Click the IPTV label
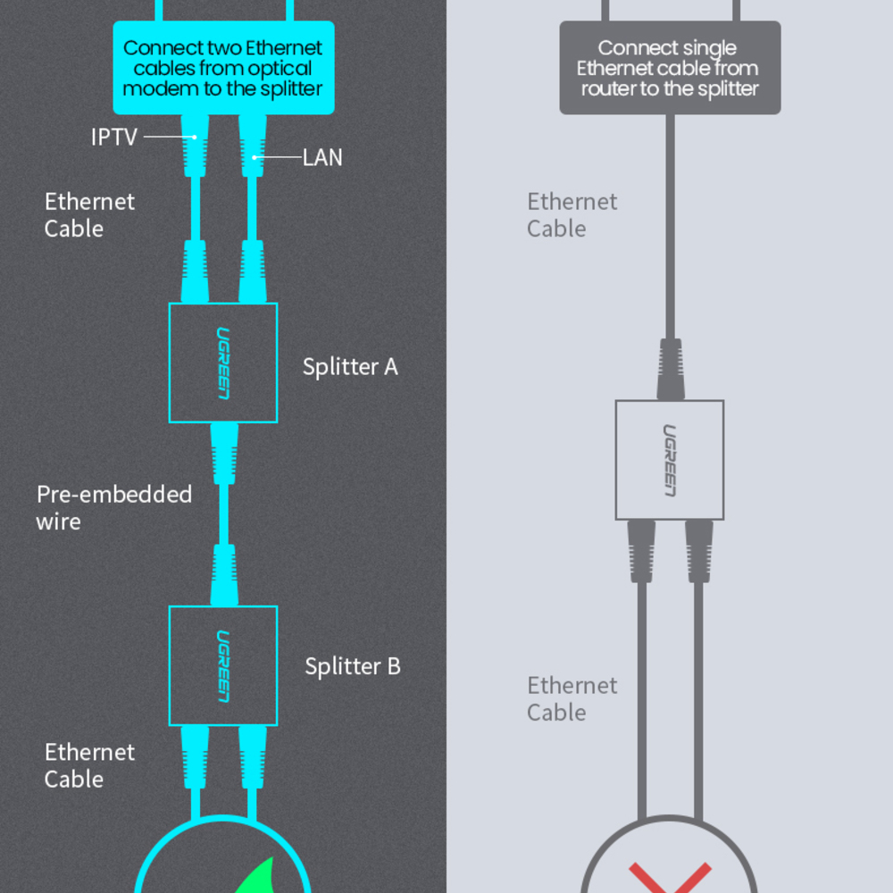(114, 137)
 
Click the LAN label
(322, 158)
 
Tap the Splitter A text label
(350, 366)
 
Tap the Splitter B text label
(353, 666)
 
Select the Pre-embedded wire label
(114, 507)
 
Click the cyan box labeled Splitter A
(223, 363)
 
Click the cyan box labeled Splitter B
(223, 665)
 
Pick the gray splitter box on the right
(670, 460)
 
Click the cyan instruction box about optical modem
(223, 68)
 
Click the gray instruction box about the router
(670, 68)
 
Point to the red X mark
(670, 877)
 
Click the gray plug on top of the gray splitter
(670, 368)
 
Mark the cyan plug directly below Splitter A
(223, 451)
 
